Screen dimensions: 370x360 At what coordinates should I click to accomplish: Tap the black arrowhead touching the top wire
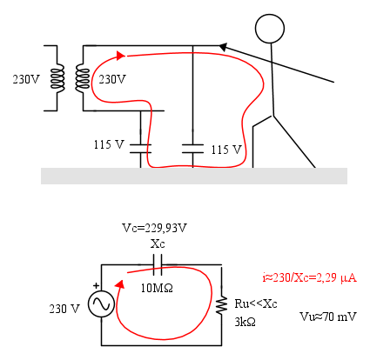coord(223,47)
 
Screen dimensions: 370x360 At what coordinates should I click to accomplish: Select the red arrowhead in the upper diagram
coord(121,56)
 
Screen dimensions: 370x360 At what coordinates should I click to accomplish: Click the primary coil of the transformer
coord(57,78)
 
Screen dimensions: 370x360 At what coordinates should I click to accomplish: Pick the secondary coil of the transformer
coord(83,78)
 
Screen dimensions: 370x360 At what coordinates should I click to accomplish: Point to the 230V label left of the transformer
coord(25,79)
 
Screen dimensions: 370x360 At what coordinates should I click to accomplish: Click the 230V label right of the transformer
coord(112,79)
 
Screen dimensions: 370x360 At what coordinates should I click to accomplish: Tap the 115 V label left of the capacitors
coord(109,144)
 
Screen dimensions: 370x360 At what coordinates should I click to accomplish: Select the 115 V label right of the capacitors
coord(226,150)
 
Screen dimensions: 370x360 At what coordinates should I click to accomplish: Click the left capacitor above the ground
coord(140,149)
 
